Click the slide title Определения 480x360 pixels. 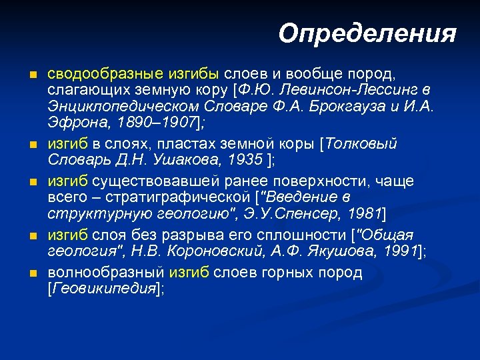(367, 33)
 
